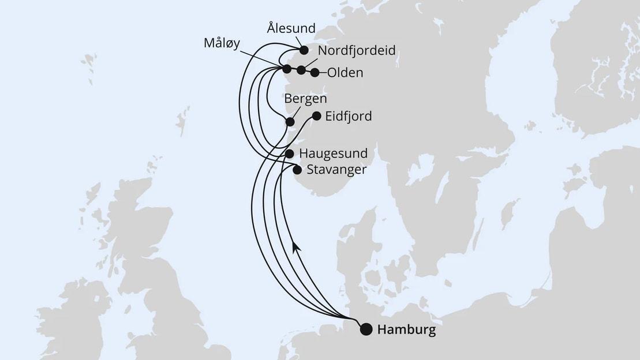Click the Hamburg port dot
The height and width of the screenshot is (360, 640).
point(366,329)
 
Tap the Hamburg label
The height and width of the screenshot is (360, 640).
point(406,331)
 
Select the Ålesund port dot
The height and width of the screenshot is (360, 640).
point(304,50)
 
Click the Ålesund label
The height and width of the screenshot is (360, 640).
point(291,28)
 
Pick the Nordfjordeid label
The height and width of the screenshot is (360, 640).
point(357,51)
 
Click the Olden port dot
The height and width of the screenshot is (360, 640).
point(315,73)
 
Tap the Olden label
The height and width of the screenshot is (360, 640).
point(345,73)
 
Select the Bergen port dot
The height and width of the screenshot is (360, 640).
point(290,122)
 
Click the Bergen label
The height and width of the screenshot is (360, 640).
point(306,99)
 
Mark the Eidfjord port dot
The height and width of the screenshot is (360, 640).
point(316,116)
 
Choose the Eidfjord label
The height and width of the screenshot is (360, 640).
point(349,117)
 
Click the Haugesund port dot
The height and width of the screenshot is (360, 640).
point(290,154)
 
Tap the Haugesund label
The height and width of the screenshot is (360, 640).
point(334,154)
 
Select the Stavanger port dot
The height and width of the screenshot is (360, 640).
point(297,170)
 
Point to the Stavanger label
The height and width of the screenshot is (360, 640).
point(337,170)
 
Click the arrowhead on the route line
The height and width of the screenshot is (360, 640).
point(296,246)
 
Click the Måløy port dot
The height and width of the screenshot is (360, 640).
point(287,69)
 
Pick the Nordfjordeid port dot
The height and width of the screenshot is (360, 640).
point(301,70)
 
